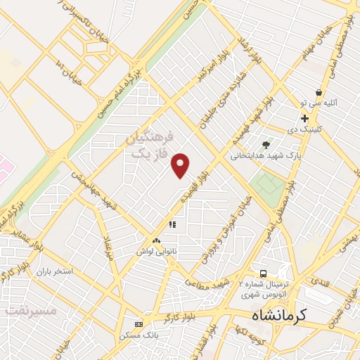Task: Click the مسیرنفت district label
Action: [x=24, y=309]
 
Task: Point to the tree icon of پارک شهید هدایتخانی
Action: [x=265, y=146]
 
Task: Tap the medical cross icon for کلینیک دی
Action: [x=304, y=118]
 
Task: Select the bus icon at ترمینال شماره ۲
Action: [x=262, y=273]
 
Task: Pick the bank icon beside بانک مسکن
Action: [x=139, y=324]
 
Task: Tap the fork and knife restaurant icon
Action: [x=171, y=225]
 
